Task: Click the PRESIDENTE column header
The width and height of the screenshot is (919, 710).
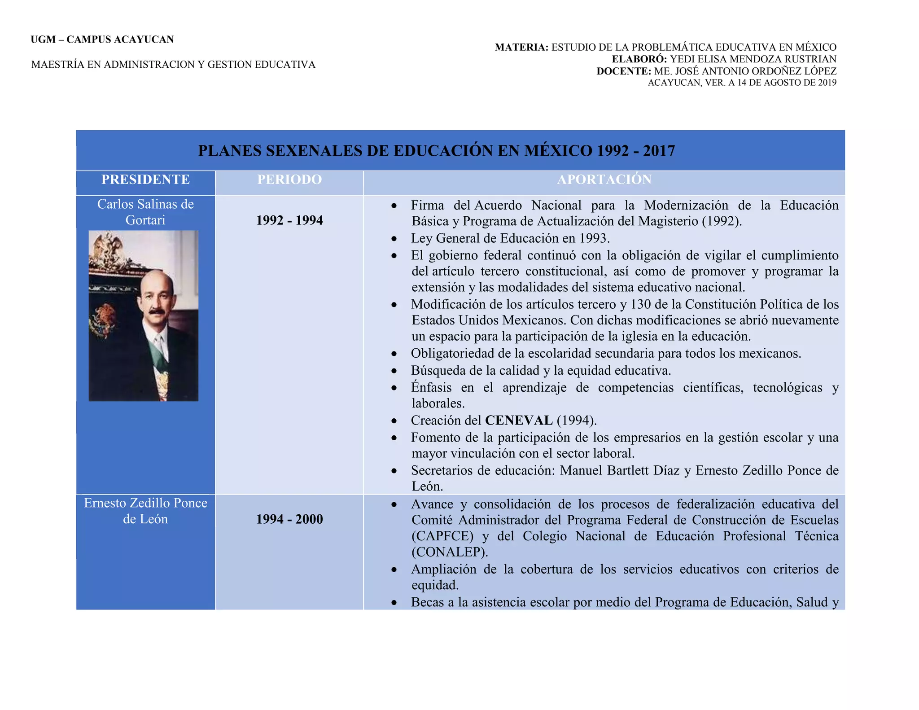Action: [x=145, y=180]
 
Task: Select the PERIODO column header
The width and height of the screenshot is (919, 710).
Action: [x=289, y=180]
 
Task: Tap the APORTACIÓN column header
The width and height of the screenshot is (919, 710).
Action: [x=604, y=180]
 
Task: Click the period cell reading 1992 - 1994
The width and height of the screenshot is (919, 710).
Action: [x=289, y=220]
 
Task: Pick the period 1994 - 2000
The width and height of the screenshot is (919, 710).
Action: [x=289, y=519]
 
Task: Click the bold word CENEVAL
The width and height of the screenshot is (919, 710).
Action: [x=519, y=421]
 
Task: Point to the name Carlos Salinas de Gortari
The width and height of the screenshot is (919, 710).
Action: [x=145, y=212]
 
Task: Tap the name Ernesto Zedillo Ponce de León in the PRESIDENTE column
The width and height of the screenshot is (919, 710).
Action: [x=145, y=511]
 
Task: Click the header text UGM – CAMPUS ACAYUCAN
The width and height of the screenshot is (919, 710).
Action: [x=102, y=39]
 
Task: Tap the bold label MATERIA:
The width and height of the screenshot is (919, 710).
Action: [x=521, y=47]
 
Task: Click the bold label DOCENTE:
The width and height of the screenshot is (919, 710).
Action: [x=623, y=71]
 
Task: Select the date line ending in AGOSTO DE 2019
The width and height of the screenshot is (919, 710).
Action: [x=742, y=83]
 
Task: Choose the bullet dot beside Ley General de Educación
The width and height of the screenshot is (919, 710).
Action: [x=394, y=239]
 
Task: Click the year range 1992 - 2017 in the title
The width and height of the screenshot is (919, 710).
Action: [x=635, y=151]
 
